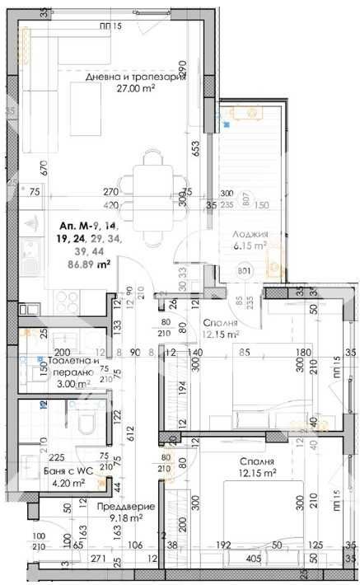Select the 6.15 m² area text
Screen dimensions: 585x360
(x=249, y=245)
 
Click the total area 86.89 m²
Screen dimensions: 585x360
(x=91, y=264)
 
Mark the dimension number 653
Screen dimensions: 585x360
(x=197, y=148)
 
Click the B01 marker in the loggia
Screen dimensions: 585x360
(x=244, y=269)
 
